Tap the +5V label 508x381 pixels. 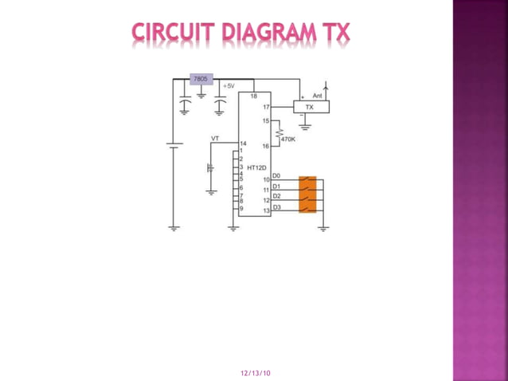point(229,84)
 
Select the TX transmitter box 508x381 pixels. point(310,106)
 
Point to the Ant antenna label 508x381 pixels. point(316,95)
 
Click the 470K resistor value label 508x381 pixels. point(287,139)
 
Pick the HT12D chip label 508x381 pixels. point(256,168)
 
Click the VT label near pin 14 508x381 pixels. point(215,139)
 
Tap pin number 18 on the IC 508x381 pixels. point(253,96)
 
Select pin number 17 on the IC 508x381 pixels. point(266,106)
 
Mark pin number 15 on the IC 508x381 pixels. point(266,120)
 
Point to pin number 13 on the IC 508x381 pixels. point(266,211)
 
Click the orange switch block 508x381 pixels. point(307,194)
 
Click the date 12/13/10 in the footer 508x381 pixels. point(255,372)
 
